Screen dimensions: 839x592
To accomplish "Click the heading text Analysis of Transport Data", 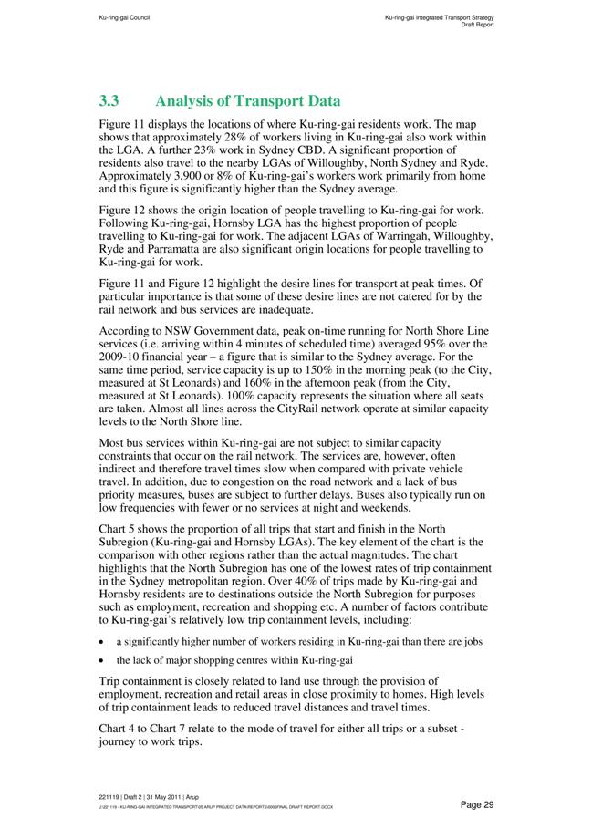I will (x=249, y=101).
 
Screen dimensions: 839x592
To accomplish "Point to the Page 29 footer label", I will (x=477, y=803).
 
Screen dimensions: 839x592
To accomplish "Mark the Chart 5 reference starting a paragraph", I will (x=119, y=529).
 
